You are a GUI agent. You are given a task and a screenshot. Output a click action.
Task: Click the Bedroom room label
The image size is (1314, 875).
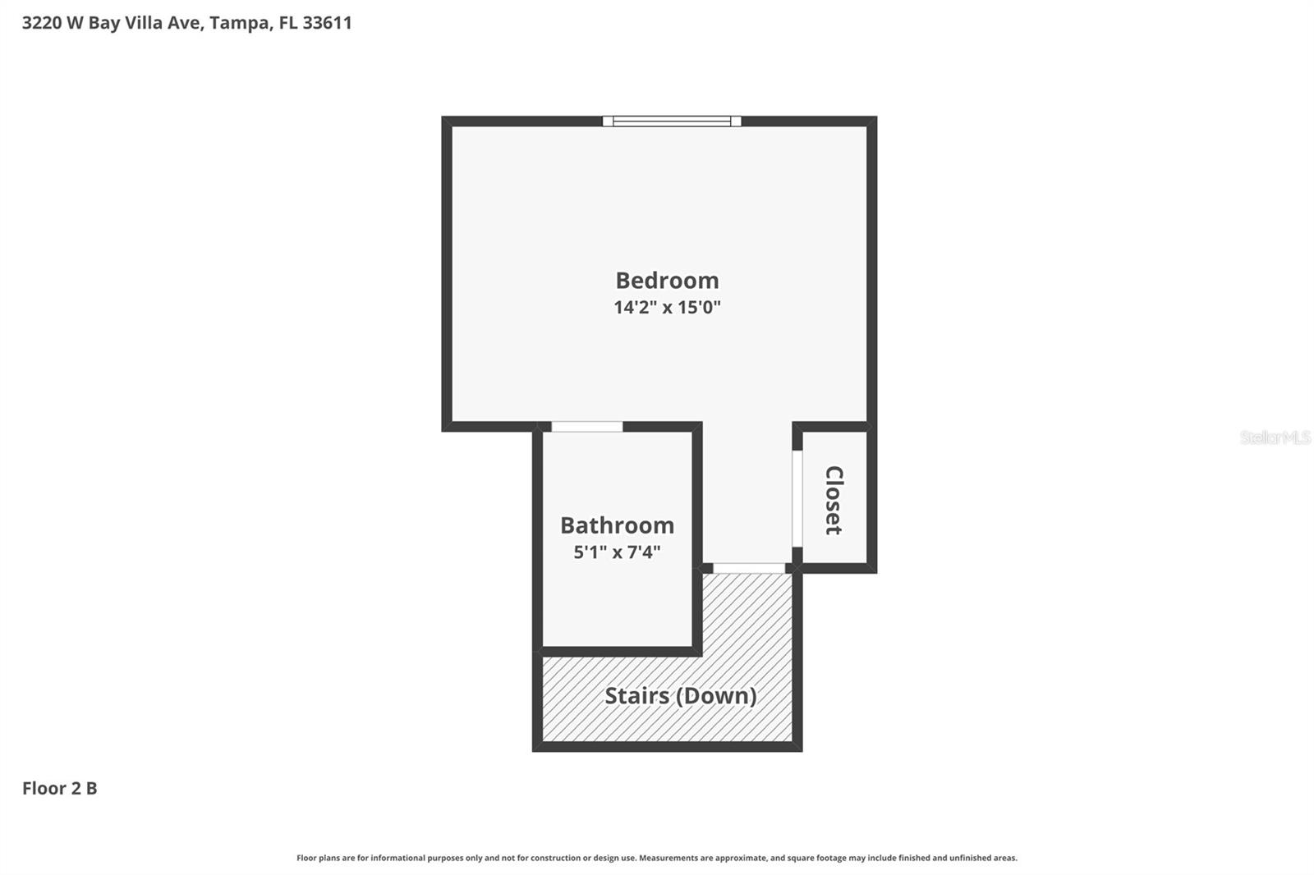pyautogui.click(x=667, y=281)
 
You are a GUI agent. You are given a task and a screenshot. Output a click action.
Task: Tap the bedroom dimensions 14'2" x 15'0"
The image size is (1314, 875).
pyautogui.click(x=667, y=308)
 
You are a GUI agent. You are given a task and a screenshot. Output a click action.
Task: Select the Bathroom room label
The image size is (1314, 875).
pyautogui.click(x=617, y=525)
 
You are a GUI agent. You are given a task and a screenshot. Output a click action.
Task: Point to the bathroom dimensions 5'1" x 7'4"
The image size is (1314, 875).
pyautogui.click(x=617, y=552)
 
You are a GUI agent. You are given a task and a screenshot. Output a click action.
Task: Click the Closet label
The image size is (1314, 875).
pyautogui.click(x=834, y=500)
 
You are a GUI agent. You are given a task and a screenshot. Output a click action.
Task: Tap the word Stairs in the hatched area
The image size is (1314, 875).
pyautogui.click(x=636, y=696)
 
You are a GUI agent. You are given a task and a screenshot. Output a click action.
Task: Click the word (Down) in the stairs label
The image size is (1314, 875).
pyautogui.click(x=715, y=696)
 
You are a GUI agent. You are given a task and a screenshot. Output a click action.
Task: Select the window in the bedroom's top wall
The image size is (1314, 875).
pyautogui.click(x=672, y=121)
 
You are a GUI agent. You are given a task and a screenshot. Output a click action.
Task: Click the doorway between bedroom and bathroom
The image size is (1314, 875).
pyautogui.click(x=586, y=427)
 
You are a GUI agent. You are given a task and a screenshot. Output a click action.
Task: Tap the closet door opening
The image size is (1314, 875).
pyautogui.click(x=797, y=498)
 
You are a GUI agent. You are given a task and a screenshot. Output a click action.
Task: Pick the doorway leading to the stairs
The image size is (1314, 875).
pyautogui.click(x=748, y=568)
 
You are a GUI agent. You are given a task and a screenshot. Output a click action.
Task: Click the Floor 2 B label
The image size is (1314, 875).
pyautogui.click(x=59, y=788)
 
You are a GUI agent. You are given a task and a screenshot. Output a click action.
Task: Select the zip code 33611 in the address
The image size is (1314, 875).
pyautogui.click(x=327, y=23)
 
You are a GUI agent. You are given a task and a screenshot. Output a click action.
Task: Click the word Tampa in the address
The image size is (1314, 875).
pyautogui.click(x=240, y=23)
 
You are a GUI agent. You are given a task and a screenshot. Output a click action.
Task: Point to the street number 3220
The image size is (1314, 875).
pyautogui.click(x=41, y=23)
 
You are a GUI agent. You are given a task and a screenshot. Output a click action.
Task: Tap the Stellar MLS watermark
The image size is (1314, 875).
pyautogui.click(x=1275, y=438)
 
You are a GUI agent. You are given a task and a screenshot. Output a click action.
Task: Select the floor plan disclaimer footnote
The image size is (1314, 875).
pyautogui.click(x=657, y=858)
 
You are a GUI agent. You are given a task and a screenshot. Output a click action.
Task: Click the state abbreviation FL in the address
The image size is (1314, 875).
pyautogui.click(x=287, y=23)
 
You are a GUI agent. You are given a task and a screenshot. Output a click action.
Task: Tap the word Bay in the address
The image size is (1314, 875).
pyautogui.click(x=103, y=23)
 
